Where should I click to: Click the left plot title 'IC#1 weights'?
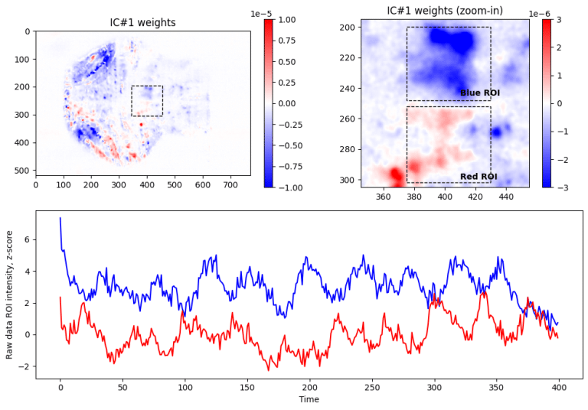coord(142,23)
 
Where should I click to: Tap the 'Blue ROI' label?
coord(479,93)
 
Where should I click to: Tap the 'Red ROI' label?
coord(479,177)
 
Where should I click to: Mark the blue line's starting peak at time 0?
coord(60,219)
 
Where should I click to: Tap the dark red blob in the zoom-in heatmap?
coord(396,175)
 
